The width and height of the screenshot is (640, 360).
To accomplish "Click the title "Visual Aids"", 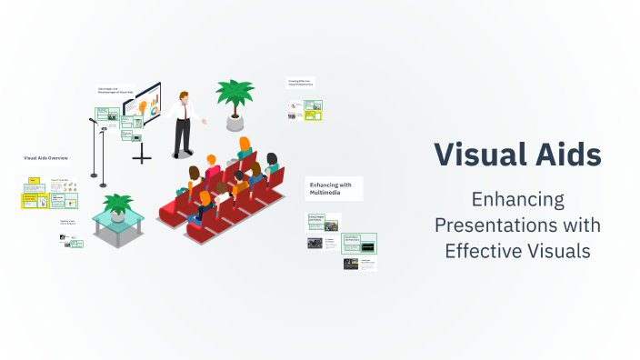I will tap(516, 155).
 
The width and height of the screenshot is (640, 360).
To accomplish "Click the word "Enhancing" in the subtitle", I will tap(516, 199).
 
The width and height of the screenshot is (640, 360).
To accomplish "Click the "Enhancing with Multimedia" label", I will tap(334, 188).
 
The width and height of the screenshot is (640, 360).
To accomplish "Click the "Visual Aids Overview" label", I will tap(46, 157).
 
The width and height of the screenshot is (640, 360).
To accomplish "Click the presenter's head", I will tap(185, 95).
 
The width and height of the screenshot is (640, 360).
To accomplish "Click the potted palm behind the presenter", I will tap(235, 95).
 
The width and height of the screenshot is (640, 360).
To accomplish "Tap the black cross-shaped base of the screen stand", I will tap(142, 157).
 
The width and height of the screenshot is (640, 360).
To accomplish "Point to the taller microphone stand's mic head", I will tap(92, 119).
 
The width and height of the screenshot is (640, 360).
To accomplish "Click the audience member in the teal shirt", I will tap(272, 168).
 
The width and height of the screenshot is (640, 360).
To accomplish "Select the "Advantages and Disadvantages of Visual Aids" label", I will tap(115, 90).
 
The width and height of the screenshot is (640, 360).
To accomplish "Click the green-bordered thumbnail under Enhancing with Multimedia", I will tap(359, 243).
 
